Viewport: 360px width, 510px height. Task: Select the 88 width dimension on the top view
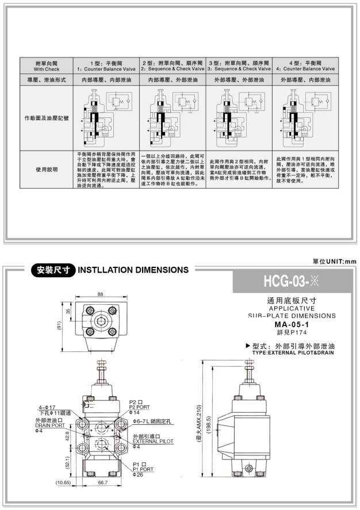(x=100, y=294)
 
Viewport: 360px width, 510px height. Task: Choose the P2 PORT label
(x=140, y=407)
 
